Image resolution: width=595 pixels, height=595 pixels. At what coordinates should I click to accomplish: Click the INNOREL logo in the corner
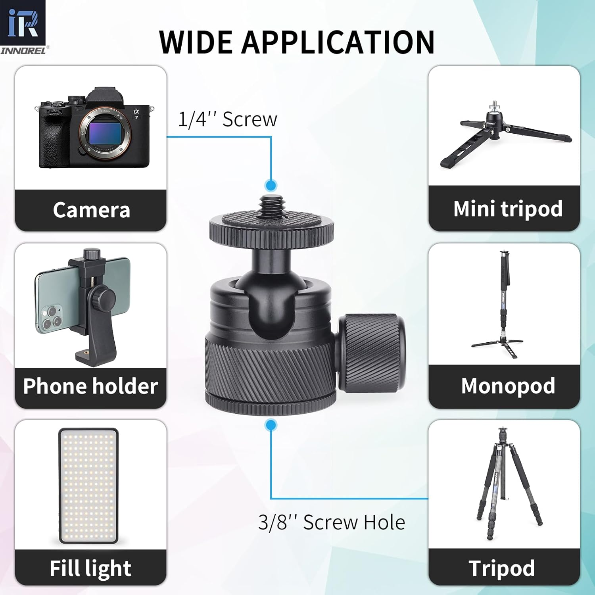tap(23, 27)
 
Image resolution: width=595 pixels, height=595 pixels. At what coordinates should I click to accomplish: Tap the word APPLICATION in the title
tap(338, 42)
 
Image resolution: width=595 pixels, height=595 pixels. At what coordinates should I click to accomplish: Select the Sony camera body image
tap(94, 129)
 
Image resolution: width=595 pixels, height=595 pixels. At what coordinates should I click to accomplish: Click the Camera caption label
tap(91, 210)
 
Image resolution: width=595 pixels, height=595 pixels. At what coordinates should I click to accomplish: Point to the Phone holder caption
tap(90, 386)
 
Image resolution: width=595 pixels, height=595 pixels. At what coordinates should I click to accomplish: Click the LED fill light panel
tap(89, 486)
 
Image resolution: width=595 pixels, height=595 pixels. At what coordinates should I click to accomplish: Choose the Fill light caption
tap(90, 568)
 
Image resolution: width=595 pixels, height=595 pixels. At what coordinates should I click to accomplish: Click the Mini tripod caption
tap(507, 209)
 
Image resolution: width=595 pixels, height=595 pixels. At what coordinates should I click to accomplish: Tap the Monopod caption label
tap(508, 386)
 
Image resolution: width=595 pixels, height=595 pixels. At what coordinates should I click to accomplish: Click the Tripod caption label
tap(501, 568)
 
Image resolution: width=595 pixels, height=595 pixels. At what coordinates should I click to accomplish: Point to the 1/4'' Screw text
tap(227, 119)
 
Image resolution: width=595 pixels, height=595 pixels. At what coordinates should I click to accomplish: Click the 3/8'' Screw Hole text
tap(332, 522)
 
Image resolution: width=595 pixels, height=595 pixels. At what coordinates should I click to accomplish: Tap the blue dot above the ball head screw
tap(271, 185)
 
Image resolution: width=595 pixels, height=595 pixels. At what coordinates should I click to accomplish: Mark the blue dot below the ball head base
tap(271, 425)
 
